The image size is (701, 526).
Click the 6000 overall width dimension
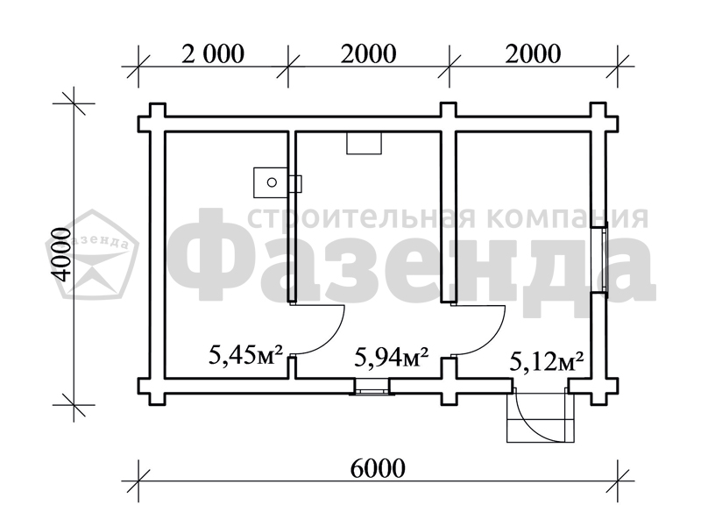378,468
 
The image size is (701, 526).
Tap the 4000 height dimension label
60,254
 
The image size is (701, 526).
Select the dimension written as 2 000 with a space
213,54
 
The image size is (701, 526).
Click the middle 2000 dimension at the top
368,54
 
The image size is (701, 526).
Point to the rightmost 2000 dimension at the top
533,54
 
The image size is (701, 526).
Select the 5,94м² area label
392,357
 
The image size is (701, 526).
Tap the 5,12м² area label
547,361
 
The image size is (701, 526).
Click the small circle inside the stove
272,182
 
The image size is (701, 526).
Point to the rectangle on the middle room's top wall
365,143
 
